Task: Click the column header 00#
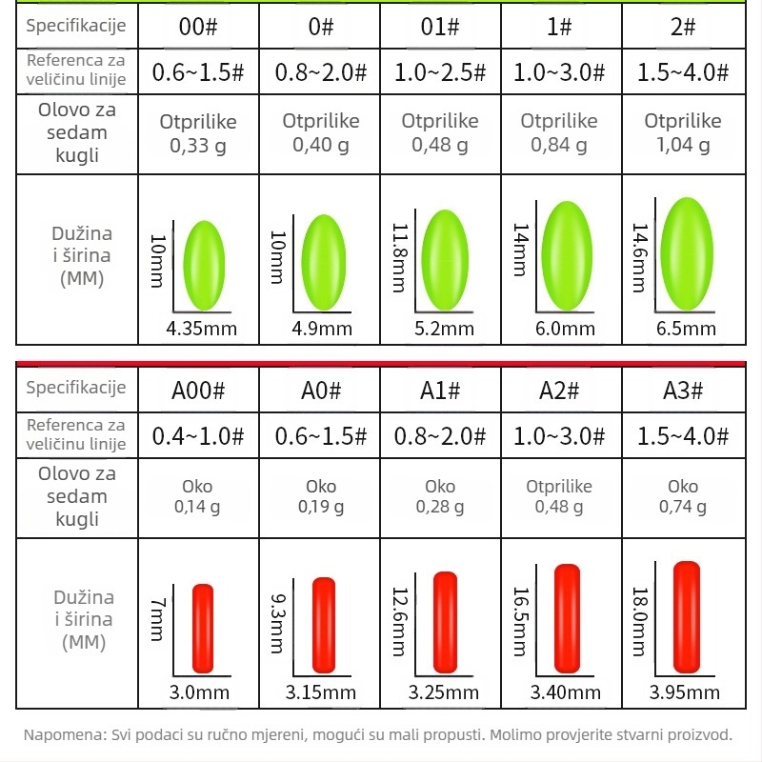[x=199, y=26]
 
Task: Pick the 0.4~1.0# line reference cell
[x=199, y=436]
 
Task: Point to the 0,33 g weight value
[x=197, y=145]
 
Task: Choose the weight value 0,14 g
[x=197, y=507]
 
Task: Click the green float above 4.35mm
[x=203, y=265]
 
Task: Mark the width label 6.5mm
[x=686, y=329]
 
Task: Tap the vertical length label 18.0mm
[x=639, y=620]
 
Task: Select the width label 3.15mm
[x=322, y=692]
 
